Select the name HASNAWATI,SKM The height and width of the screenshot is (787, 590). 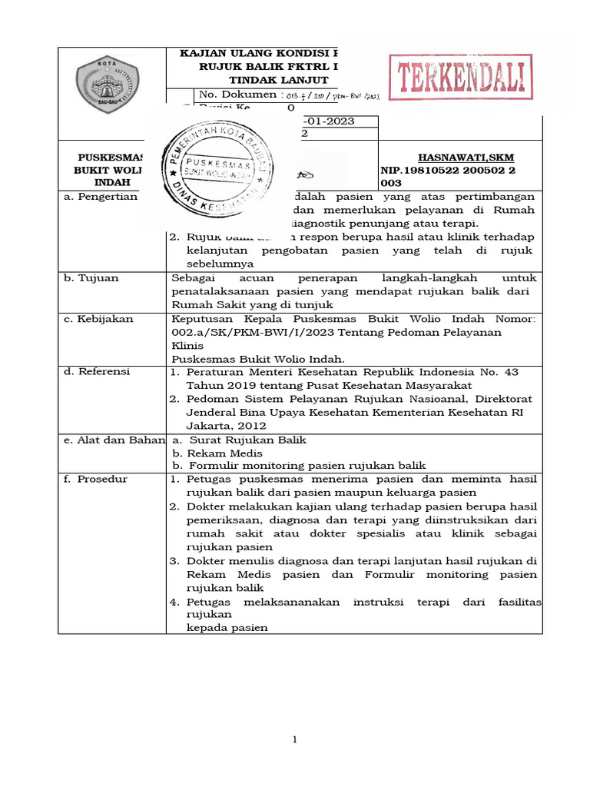(x=466, y=157)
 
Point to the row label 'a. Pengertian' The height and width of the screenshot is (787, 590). (x=100, y=196)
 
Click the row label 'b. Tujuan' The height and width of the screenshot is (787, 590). (x=91, y=277)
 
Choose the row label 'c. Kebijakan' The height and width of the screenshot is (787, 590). (x=98, y=318)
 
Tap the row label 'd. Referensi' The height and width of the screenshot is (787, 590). (x=98, y=371)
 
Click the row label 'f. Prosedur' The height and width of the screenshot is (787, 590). (x=96, y=480)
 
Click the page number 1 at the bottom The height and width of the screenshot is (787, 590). (x=294, y=739)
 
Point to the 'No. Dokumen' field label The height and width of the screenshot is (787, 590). (x=237, y=95)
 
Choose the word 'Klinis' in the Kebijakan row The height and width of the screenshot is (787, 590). (x=187, y=345)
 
